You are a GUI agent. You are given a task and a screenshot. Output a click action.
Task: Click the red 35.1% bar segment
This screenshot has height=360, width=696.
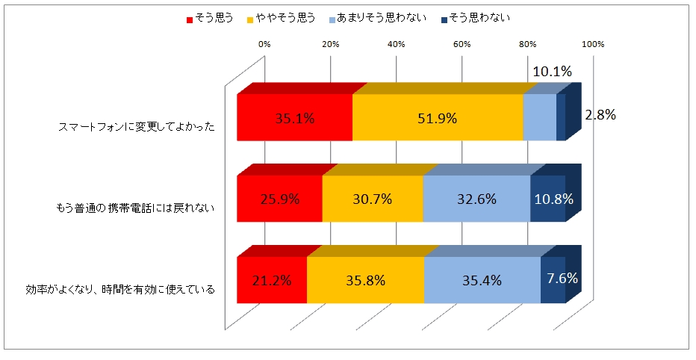click(294, 118)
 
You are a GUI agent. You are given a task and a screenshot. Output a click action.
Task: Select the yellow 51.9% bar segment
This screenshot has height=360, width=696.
click(438, 118)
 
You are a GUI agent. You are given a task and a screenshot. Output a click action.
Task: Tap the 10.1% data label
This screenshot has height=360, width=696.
click(552, 72)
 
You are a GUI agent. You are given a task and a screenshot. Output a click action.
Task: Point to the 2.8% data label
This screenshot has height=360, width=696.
click(600, 115)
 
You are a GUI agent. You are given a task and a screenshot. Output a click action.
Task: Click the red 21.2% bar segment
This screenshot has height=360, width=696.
click(272, 280)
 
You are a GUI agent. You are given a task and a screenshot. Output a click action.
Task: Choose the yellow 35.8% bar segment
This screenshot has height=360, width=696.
click(365, 280)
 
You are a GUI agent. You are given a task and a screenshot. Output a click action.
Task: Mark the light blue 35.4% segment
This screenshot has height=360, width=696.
click(482, 280)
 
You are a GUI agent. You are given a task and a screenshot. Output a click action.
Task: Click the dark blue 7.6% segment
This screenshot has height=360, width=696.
click(553, 280)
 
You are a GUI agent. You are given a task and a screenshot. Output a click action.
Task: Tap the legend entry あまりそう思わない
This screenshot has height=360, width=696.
click(376, 17)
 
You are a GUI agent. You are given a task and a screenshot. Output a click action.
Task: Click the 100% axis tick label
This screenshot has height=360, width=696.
click(593, 45)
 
